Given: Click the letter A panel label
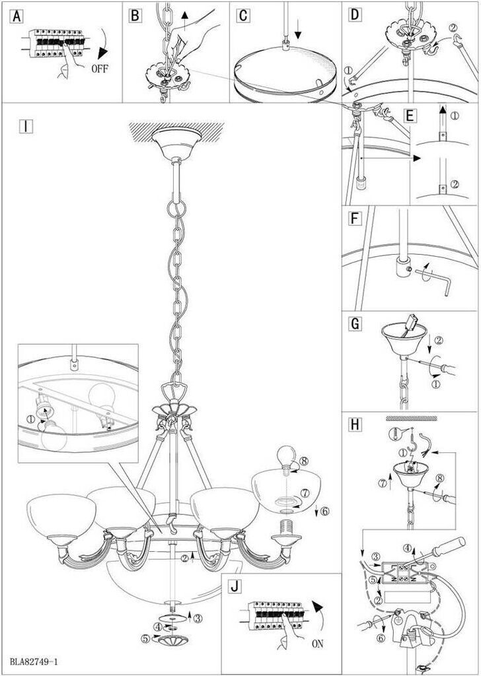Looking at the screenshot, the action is click(x=14, y=15).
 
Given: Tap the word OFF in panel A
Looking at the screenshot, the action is click(x=100, y=68).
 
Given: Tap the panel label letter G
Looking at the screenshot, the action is click(x=355, y=325).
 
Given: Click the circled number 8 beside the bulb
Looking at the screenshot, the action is click(x=303, y=462).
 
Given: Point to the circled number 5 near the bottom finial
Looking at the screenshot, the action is click(x=145, y=638).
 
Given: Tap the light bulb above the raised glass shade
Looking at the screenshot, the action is click(x=285, y=456).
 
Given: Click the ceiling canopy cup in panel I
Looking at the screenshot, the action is click(x=171, y=143).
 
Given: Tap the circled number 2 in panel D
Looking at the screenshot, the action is click(x=452, y=28).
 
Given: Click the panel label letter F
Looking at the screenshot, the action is click(x=355, y=218).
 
